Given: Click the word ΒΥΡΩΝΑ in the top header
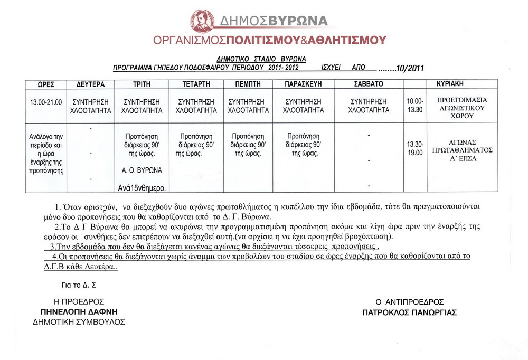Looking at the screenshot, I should [x=298, y=21].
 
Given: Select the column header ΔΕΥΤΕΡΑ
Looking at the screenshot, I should [x=91, y=84].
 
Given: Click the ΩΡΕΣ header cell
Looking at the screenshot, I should [x=46, y=84].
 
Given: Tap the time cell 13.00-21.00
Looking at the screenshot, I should [x=46, y=102].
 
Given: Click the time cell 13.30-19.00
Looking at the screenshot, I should [x=415, y=148].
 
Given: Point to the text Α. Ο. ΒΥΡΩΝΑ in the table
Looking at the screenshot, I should [x=141, y=170].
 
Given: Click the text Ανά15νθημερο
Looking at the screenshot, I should [x=142, y=187].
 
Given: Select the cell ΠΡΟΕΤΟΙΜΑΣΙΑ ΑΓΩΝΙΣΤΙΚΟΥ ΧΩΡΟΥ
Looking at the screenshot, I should [x=463, y=108].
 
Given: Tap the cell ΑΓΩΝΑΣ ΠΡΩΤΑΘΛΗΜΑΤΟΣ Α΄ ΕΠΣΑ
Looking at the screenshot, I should [x=463, y=150].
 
